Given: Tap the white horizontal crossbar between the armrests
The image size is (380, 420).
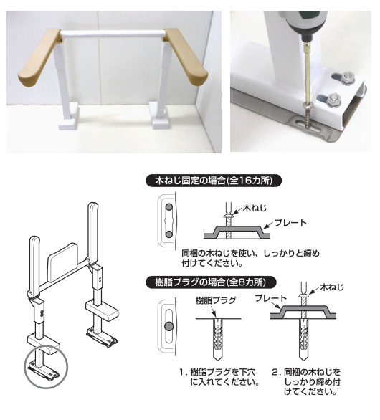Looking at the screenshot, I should tap(111, 33).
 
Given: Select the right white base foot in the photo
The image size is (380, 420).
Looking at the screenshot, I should tap(158, 114).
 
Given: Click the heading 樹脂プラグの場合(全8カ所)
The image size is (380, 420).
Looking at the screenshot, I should tap(218, 282).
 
